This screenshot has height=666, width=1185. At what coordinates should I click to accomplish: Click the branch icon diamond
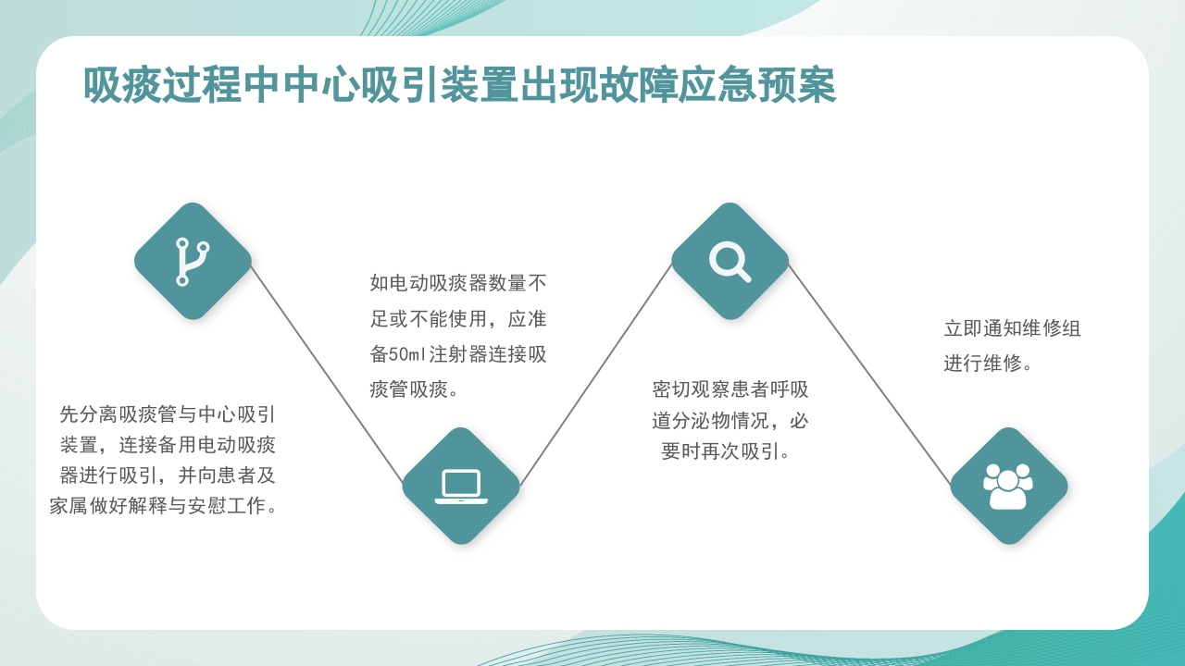(193, 261)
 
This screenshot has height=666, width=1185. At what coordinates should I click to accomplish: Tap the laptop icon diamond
(461, 486)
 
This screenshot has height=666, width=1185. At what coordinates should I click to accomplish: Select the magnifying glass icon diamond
(730, 261)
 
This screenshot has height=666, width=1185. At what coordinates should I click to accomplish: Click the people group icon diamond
(1008, 486)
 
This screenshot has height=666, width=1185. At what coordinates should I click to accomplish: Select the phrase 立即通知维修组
(1012, 328)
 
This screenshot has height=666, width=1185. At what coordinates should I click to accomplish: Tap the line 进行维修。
(988, 364)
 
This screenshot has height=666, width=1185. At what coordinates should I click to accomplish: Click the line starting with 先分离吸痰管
(168, 413)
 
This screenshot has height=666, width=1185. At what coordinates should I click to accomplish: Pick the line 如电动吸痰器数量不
(458, 283)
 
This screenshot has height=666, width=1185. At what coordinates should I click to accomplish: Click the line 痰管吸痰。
(414, 389)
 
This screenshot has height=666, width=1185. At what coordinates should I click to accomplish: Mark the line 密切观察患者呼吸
(730, 389)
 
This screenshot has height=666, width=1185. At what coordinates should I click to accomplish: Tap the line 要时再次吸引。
(726, 452)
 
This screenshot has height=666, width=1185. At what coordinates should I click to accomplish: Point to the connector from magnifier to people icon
(870, 375)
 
